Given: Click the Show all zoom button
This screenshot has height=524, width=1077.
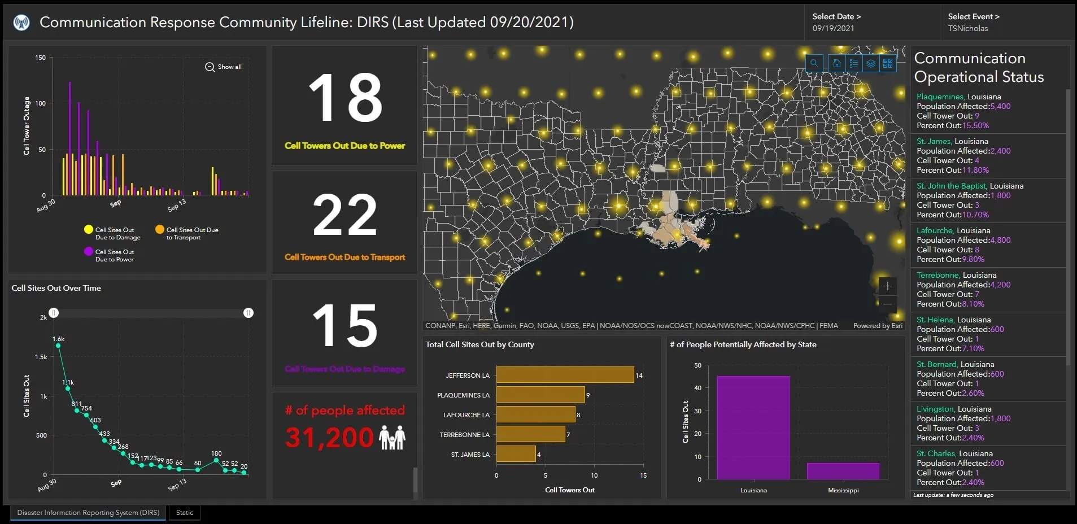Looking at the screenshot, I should click(223, 67).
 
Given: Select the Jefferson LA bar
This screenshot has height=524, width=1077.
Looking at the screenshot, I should click(565, 375).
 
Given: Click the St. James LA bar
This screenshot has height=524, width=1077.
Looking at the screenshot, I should click(516, 454).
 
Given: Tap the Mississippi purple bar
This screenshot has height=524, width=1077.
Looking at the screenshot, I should click(843, 471).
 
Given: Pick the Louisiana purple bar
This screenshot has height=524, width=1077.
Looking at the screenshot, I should click(753, 427).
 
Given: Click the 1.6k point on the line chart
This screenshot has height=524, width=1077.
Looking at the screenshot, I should click(58, 346).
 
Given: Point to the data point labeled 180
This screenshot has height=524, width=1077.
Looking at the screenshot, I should click(216, 461).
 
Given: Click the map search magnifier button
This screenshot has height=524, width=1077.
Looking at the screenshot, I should click(814, 63).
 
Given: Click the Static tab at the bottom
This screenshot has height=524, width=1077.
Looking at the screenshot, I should click(185, 513).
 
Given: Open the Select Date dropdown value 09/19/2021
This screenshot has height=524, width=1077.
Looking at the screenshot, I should click(833, 28).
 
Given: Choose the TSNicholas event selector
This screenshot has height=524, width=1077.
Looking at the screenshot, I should click(968, 28).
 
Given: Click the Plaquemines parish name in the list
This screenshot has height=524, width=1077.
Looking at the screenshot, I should click(940, 97).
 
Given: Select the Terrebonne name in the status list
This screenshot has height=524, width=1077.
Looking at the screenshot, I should click(938, 275).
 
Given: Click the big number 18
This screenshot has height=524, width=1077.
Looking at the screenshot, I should click(345, 98).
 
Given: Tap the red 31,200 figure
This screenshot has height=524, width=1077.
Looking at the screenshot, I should click(329, 438).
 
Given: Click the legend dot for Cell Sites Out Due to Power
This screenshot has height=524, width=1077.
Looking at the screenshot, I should click(89, 251).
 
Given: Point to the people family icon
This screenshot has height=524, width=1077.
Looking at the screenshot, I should click(392, 438).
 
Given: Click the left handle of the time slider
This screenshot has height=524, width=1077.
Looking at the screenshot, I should click(54, 313).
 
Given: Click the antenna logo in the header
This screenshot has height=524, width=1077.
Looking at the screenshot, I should click(21, 23).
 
